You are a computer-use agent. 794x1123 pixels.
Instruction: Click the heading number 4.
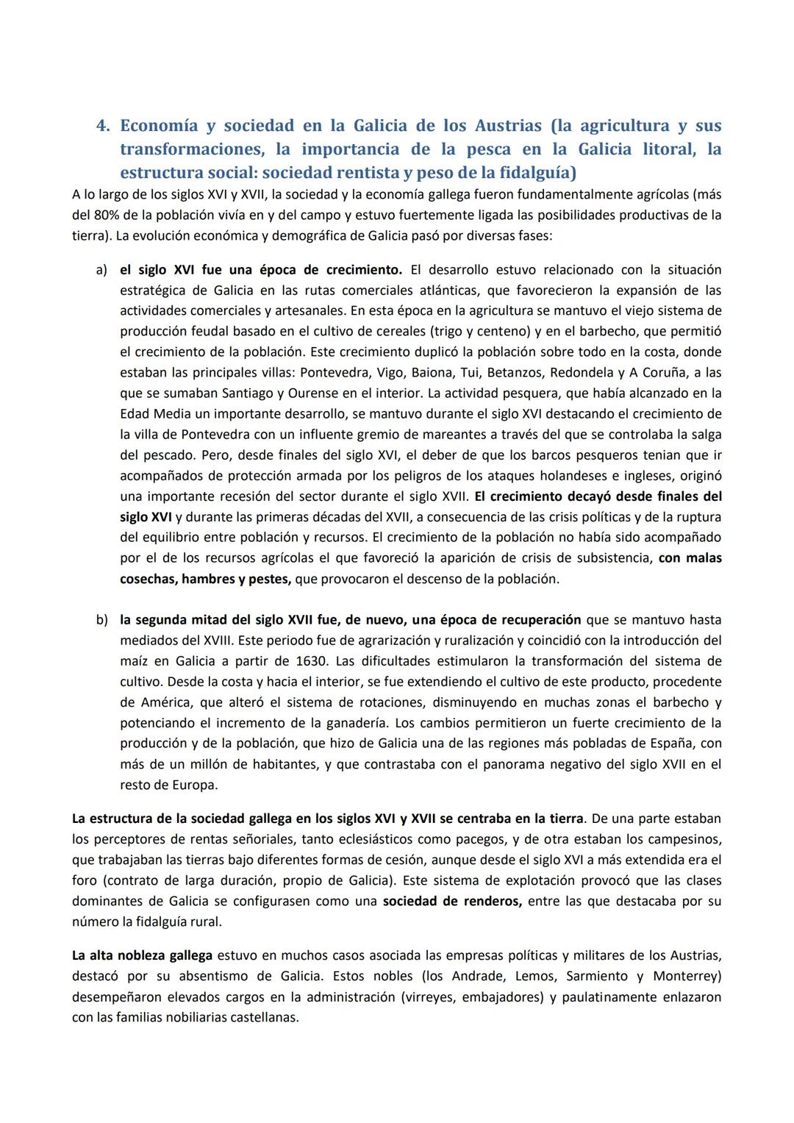pyautogui.click(x=103, y=126)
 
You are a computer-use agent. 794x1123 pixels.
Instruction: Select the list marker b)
pyautogui.click(x=102, y=619)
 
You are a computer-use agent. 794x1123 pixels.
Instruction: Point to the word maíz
pyautogui.click(x=134, y=660)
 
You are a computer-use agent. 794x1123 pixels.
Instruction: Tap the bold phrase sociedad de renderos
pyautogui.click(x=452, y=901)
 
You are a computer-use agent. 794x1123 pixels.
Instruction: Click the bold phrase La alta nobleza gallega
pyautogui.click(x=142, y=955)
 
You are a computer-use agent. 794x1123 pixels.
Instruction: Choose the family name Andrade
pyautogui.click(x=481, y=976)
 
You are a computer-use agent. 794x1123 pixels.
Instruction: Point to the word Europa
pyautogui.click(x=195, y=785)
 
